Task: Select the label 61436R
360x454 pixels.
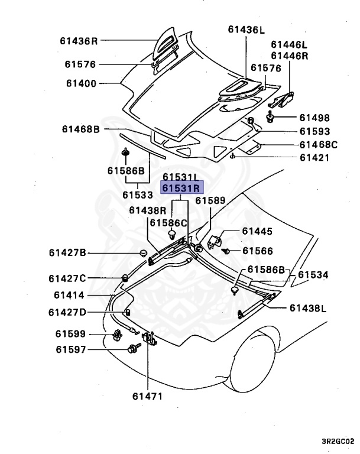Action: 78,41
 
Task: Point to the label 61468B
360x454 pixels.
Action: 81,128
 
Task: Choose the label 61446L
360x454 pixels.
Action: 290,44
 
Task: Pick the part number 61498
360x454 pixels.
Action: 314,118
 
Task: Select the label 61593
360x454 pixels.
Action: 314,131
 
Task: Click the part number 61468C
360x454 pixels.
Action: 318,144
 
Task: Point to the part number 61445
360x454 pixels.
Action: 257,231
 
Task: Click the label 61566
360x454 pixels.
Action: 257,251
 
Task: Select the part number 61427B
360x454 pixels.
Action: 67,253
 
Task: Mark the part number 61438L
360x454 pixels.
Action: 308,308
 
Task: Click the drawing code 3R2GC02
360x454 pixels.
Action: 338,441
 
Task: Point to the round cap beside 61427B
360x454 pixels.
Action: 142,253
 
